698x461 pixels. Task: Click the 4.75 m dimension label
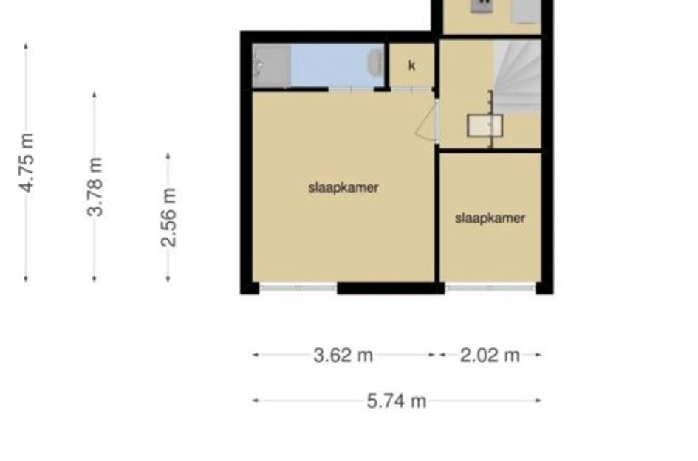point(27,163)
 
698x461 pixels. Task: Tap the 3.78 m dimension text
point(95,187)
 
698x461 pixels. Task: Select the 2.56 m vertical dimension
point(168,218)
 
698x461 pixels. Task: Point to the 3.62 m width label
point(343,356)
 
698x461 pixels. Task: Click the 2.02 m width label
point(490,356)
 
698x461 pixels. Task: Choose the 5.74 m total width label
point(397,401)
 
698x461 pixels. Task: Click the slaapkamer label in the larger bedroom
point(343,187)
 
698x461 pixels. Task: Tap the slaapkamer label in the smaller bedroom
point(490,218)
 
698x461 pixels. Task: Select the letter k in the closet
point(411,66)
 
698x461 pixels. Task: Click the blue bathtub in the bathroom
point(337,66)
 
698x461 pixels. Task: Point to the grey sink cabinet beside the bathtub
point(271,66)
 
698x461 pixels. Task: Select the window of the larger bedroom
point(298,288)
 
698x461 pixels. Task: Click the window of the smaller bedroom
point(490,288)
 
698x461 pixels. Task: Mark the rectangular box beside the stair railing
point(485,125)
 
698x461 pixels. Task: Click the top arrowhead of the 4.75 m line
point(26,45)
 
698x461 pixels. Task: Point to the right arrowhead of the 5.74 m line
point(538,401)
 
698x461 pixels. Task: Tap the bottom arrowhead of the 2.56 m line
point(168,279)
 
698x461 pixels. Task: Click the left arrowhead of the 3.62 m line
point(256,355)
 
